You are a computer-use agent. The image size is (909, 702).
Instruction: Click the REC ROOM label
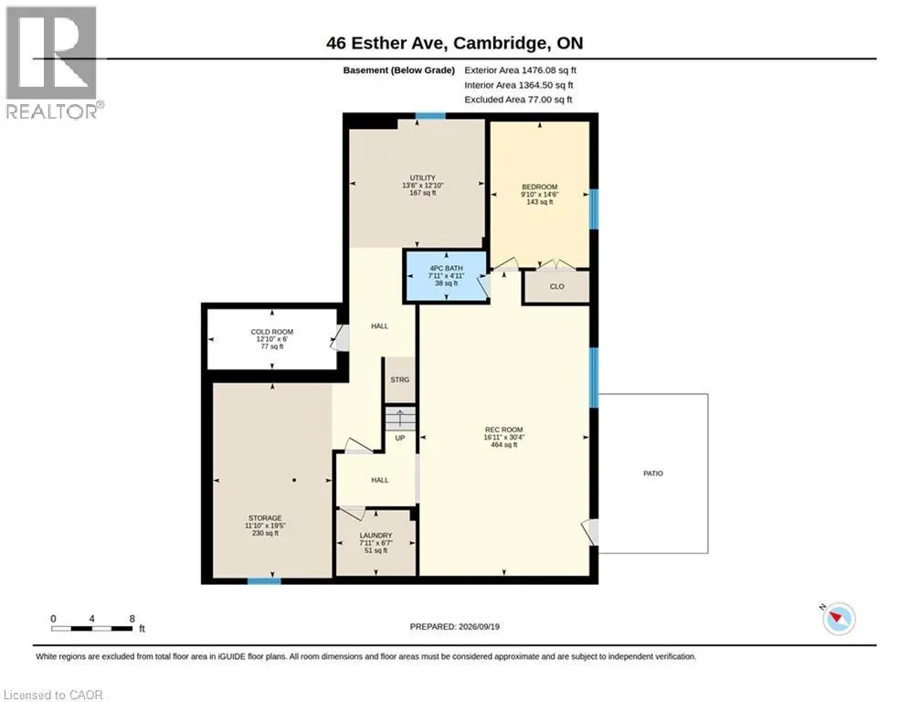tap(503, 430)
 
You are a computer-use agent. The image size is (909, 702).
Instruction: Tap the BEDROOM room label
tap(540, 186)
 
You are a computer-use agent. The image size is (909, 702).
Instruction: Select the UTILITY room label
tap(423, 177)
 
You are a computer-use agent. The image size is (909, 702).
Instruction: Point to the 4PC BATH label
tap(447, 268)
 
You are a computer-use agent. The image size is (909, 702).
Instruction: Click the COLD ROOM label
tap(272, 332)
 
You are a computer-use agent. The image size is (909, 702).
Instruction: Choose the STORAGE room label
tap(265, 518)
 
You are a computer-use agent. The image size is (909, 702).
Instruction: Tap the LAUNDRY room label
tap(375, 536)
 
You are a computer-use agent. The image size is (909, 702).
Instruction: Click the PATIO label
tap(653, 473)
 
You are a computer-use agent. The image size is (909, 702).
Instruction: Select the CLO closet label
tap(556, 287)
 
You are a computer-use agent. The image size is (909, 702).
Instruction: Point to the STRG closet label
tap(400, 380)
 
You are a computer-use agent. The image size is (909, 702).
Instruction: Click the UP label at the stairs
tap(400, 438)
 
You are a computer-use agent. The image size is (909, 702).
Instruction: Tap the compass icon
tap(839, 619)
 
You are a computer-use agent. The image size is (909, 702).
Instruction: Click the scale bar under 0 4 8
tap(91, 628)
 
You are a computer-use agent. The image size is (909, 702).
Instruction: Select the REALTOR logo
tap(53, 63)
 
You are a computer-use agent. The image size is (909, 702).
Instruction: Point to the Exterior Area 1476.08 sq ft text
tap(520, 70)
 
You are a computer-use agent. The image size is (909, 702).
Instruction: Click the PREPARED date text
tap(455, 626)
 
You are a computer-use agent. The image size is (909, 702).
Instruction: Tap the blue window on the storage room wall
tap(264, 580)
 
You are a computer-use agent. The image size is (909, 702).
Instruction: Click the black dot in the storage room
tap(294, 480)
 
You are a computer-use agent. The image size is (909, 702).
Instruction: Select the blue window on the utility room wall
tap(430, 116)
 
